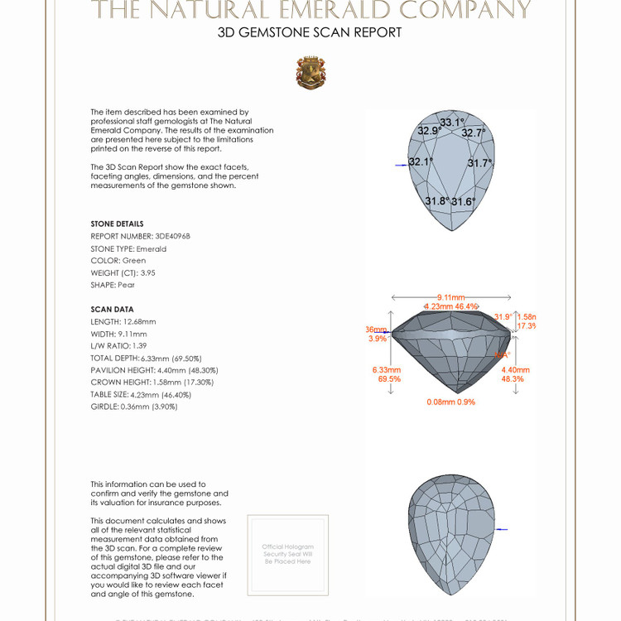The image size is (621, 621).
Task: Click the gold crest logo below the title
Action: (310, 73)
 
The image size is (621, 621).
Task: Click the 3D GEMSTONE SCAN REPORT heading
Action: (310, 33)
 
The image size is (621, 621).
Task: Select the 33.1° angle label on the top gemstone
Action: (452, 123)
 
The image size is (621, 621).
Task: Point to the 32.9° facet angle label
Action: (429, 131)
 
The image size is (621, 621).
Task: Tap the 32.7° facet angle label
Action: (473, 132)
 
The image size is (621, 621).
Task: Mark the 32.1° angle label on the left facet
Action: (421, 162)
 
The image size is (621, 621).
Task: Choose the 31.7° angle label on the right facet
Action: (479, 163)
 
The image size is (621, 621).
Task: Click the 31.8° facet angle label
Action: (436, 201)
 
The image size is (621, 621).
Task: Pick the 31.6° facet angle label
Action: (463, 202)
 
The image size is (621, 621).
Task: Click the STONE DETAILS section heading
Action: (117, 224)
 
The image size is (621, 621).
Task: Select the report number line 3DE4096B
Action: (140, 236)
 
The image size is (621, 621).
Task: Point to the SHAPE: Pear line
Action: (113, 285)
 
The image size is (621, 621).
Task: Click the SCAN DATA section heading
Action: (112, 310)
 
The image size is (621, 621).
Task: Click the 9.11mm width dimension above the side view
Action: (451, 297)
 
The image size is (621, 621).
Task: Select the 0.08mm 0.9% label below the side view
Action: (450, 402)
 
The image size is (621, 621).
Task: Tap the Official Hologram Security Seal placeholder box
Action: (287, 554)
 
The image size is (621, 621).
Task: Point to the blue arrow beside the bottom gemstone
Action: (500, 529)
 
